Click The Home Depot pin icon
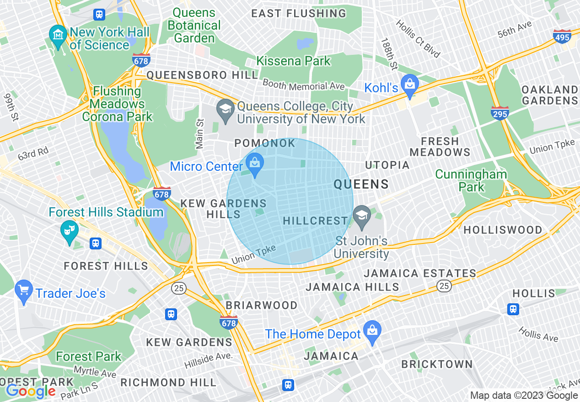coord(372,331)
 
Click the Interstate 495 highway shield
coord(562,37)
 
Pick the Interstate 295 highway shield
coord(499,113)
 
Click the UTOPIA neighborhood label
coord(387,165)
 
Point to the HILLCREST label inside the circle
coord(315,221)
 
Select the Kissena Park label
coord(293,61)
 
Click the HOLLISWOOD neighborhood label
coord(503,230)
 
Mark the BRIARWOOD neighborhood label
coord(262,305)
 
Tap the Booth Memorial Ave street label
coord(304,85)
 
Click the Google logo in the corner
coord(31,391)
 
